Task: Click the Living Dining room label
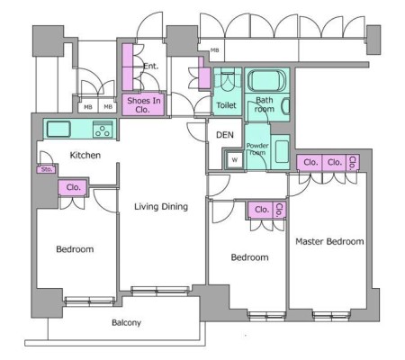coord(161,206)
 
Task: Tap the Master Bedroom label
coord(329,241)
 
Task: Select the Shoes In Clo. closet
coord(143,105)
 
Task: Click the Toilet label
coord(226,105)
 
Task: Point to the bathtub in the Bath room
coord(266,80)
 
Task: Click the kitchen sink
coord(58,129)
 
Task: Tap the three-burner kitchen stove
coord(103,130)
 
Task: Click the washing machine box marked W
coord(235,160)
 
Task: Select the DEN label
coord(225,135)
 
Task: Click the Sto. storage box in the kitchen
coord(47,169)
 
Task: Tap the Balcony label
coord(126,323)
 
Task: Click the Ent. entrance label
coord(150,66)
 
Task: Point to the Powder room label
coord(257,148)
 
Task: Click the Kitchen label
coord(85,155)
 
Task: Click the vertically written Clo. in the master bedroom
coord(353,163)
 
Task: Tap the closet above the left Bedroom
coord(73,187)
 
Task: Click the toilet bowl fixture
coord(228,78)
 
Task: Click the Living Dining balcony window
coord(160,291)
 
